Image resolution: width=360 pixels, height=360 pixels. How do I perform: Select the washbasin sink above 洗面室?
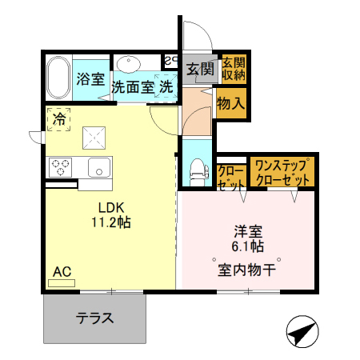(x=128, y=64)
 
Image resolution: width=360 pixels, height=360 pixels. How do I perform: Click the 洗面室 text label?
(x=134, y=86)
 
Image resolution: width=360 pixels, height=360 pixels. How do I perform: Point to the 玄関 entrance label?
(x=200, y=70)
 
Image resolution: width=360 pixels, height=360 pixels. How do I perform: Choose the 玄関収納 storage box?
(x=233, y=69)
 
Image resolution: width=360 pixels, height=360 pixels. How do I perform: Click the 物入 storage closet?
(x=231, y=102)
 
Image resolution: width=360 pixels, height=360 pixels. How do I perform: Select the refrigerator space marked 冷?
(x=58, y=119)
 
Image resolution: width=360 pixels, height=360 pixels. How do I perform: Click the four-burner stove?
(x=61, y=167)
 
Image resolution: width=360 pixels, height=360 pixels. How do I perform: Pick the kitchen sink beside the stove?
(x=99, y=168)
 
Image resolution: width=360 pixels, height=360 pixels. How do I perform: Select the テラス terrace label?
(x=94, y=317)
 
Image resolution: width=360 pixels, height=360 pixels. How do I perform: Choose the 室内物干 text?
(x=247, y=270)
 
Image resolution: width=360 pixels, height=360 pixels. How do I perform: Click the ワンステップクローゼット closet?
(x=281, y=173)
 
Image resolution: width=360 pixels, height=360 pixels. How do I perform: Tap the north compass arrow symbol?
(x=301, y=332)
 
